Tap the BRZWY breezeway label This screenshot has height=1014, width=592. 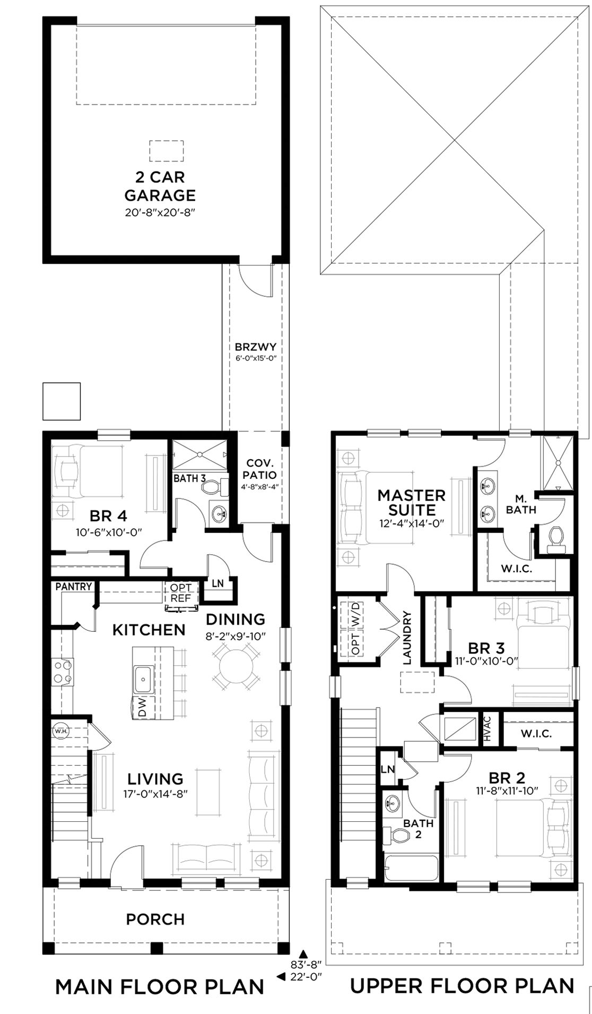coord(256,347)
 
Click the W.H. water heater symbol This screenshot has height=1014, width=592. coord(58,731)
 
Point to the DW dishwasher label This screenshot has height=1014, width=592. coord(142,707)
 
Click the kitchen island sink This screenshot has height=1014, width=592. coord(144,679)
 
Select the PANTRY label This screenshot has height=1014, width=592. coord(74,587)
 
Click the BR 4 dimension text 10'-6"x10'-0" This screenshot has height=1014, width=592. coord(109,531)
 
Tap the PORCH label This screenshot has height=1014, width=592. coord(155,918)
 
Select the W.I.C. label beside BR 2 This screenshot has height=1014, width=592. coord(536,734)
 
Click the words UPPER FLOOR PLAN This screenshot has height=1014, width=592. coord(462,985)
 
